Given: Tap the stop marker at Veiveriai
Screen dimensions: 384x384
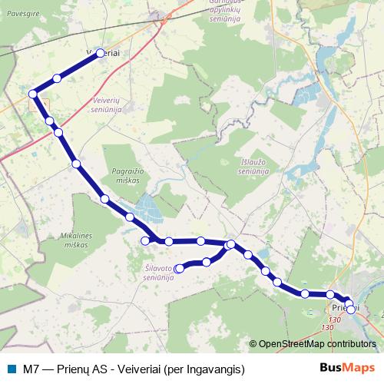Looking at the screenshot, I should [99, 53].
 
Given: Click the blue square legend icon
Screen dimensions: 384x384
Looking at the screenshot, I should [11, 368].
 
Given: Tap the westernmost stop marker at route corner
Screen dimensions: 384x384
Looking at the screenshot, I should [33, 94].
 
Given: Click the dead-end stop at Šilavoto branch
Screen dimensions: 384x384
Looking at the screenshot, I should [180, 268].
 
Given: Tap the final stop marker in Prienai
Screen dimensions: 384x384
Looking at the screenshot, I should [351, 310].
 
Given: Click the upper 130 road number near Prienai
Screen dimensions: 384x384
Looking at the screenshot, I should [334, 319].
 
